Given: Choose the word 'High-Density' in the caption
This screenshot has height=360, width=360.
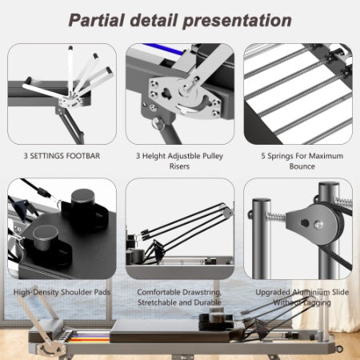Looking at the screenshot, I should pyautogui.click(x=38, y=292).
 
